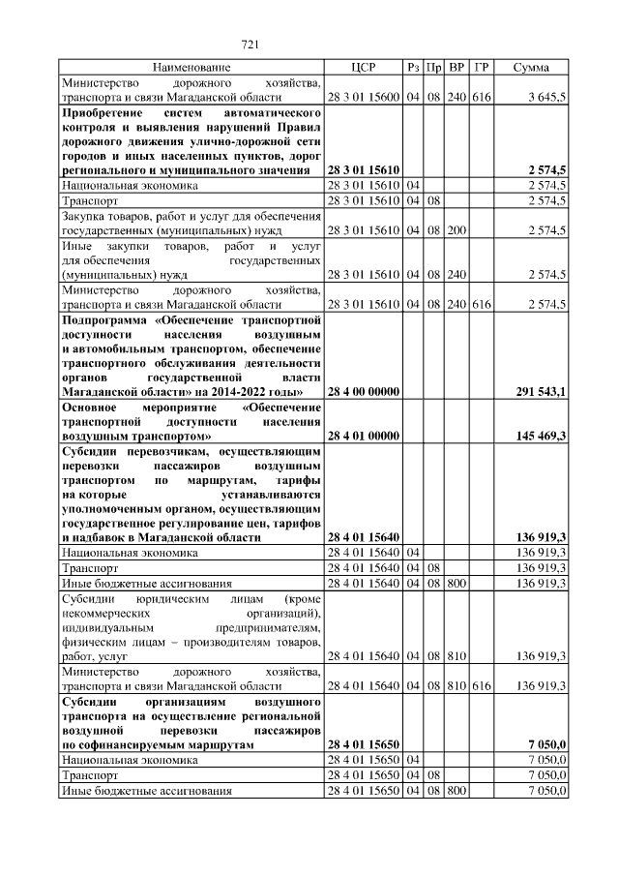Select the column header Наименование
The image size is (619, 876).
(x=192, y=67)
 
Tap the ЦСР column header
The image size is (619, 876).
(x=363, y=67)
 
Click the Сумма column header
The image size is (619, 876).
(x=531, y=67)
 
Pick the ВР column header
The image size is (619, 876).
(x=457, y=67)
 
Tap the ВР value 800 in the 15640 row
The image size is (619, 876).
(x=457, y=583)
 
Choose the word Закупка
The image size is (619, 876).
(x=87, y=216)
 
